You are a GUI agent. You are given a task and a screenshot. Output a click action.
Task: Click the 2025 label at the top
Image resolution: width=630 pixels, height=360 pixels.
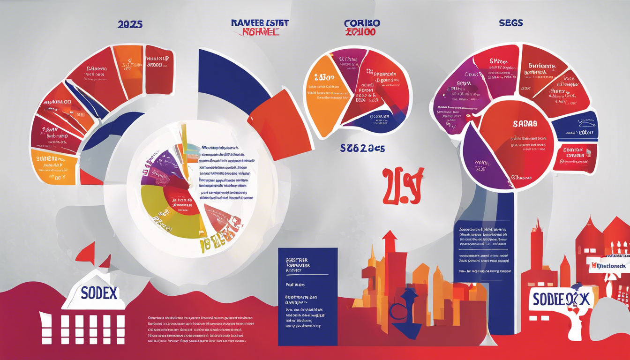click(x=130, y=24)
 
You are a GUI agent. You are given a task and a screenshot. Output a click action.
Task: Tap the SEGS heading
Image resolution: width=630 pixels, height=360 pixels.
click(x=510, y=22)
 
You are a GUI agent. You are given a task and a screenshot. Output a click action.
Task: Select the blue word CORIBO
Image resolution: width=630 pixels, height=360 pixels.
click(x=362, y=23)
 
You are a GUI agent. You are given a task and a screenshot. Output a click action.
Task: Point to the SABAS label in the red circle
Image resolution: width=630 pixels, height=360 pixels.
click(x=525, y=124)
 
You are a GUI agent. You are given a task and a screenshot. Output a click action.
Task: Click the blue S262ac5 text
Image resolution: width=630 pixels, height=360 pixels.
click(x=363, y=149)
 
